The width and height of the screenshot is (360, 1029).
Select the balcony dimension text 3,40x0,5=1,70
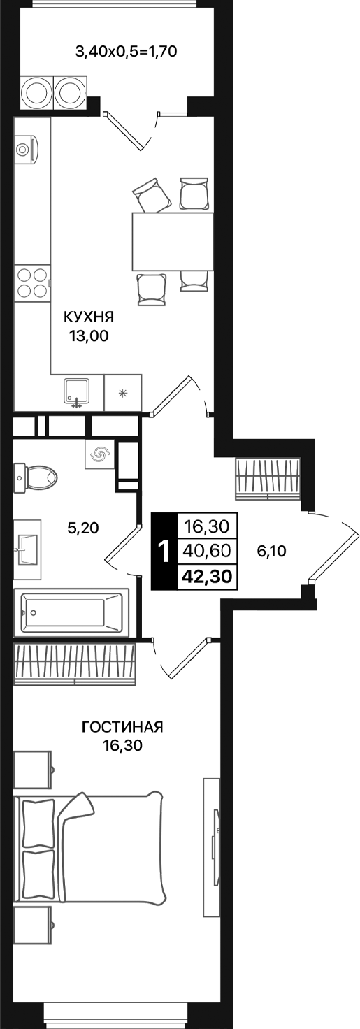click(x=123, y=50)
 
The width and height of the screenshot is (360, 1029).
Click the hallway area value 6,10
click(x=272, y=551)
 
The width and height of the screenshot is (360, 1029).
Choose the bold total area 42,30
click(x=208, y=576)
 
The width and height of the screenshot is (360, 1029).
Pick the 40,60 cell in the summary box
click(x=208, y=550)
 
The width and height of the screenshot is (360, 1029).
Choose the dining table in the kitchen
click(x=173, y=241)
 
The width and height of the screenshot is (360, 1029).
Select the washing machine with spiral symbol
click(x=99, y=455)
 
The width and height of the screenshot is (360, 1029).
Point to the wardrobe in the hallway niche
click(x=268, y=477)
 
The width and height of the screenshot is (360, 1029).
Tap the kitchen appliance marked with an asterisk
click(x=123, y=392)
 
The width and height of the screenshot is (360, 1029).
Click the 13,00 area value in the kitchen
click(x=89, y=336)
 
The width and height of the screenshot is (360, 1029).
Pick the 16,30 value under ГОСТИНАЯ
click(x=122, y=746)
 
